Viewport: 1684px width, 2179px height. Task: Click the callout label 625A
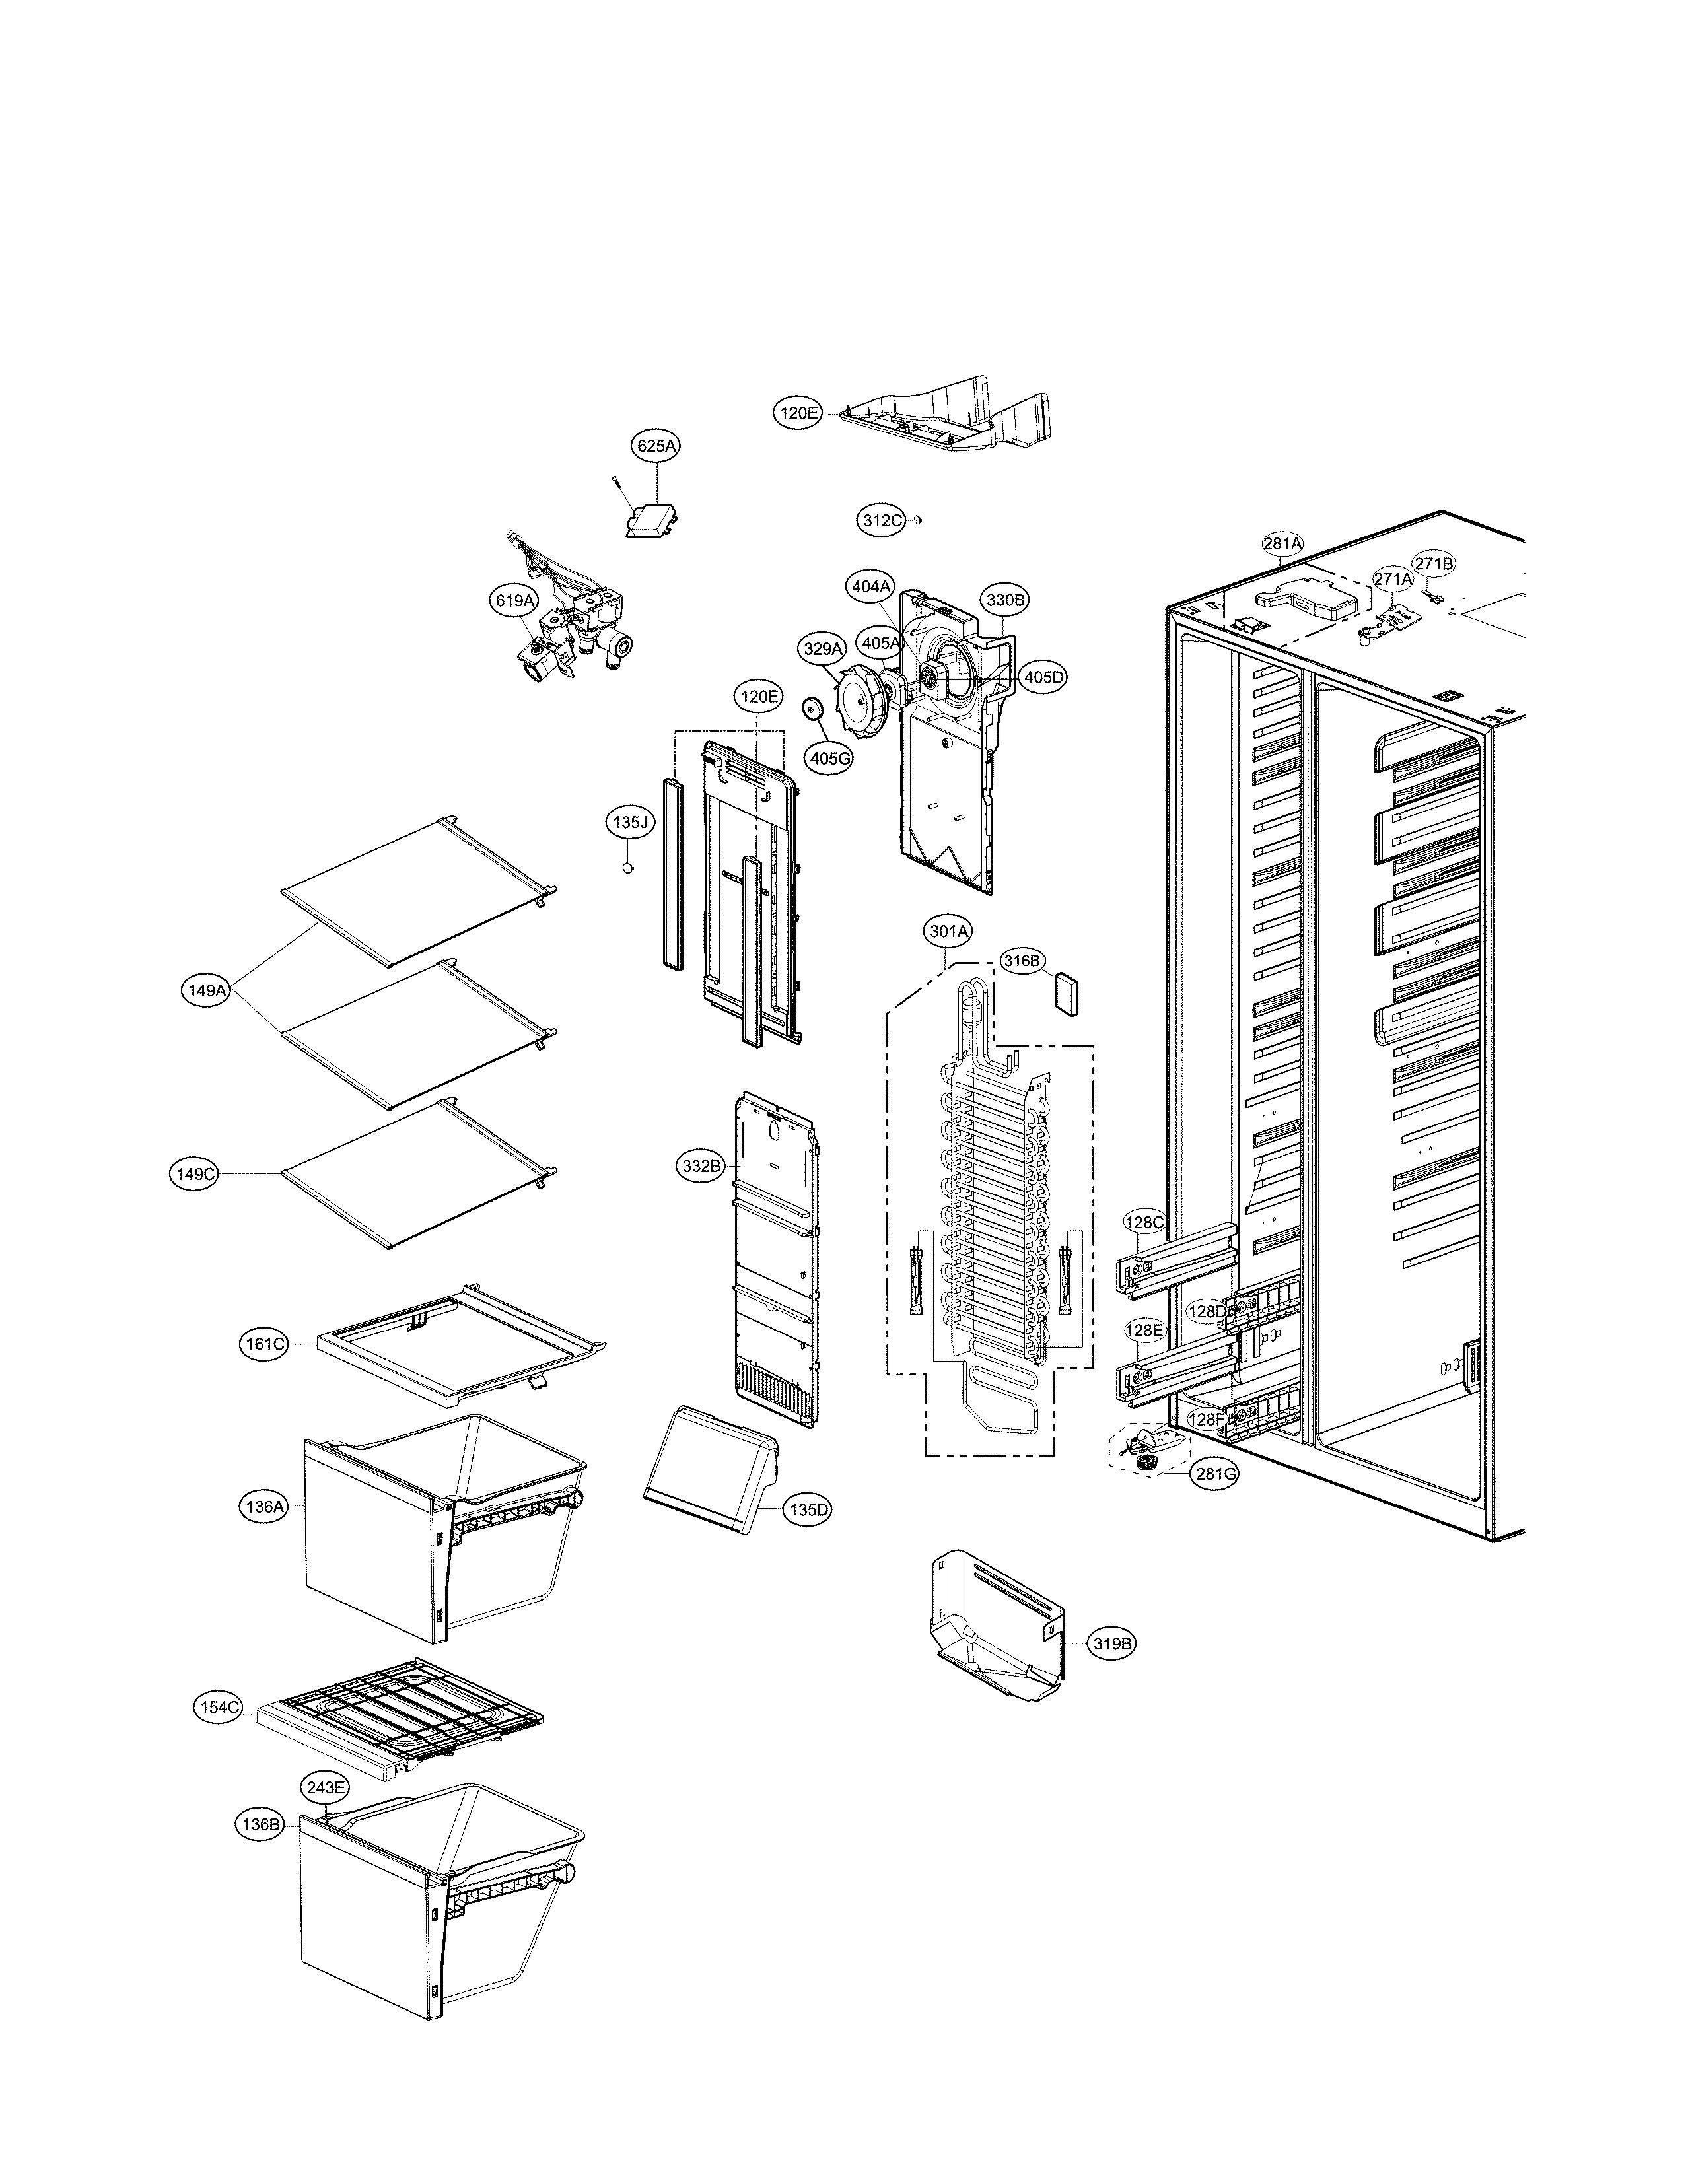pos(656,446)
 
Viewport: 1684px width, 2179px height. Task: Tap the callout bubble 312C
pos(882,520)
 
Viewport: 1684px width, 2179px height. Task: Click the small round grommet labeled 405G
pos(813,709)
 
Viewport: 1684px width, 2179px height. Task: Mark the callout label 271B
pos(1434,564)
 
